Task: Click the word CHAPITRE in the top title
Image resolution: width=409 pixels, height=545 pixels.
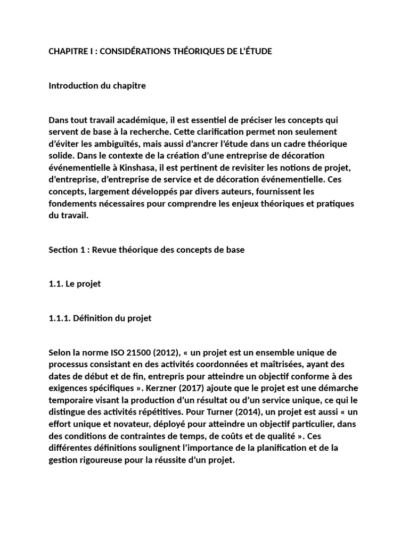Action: (x=69, y=51)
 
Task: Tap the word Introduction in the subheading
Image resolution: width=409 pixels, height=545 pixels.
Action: (x=72, y=85)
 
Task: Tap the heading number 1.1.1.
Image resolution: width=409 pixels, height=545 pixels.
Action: (x=59, y=318)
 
